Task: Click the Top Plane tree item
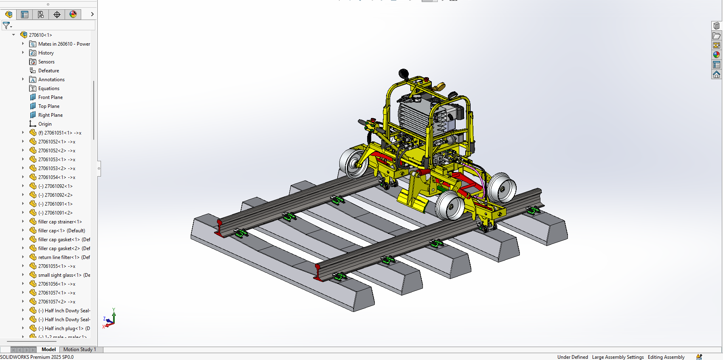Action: [x=48, y=106]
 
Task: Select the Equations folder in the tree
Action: [x=48, y=88]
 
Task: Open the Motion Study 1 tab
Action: [x=80, y=349]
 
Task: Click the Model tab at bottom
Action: [x=48, y=349]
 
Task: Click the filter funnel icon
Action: [x=6, y=25]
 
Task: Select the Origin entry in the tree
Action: [x=44, y=124]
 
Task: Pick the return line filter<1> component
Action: [x=59, y=257]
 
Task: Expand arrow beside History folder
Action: [x=23, y=53]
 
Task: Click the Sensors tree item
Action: [x=46, y=62]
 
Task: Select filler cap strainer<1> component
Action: [x=60, y=222]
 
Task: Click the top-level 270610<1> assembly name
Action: [x=40, y=35]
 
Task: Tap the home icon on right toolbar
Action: [x=717, y=75]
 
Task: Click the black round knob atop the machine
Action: [x=403, y=74]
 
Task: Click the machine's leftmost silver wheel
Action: [x=353, y=164]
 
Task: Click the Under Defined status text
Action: [x=572, y=357]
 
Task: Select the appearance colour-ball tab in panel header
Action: [x=73, y=15]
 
